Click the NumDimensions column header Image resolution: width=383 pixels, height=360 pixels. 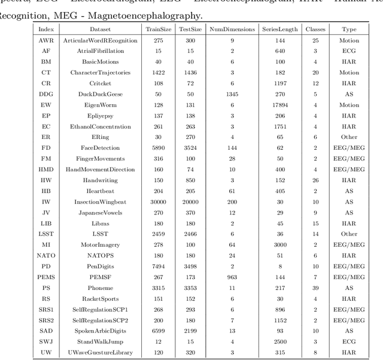pyautogui.click(x=232, y=29)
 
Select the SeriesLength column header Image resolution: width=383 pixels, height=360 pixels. pyautogui.click(x=279, y=29)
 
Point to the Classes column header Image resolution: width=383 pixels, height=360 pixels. pyautogui.click(x=315, y=29)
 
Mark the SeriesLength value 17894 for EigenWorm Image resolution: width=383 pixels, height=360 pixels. pyautogui.click(x=279, y=105)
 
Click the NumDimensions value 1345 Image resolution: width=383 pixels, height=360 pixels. pyautogui.click(x=232, y=94)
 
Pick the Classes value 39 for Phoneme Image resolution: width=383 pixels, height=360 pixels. pyautogui.click(x=315, y=288)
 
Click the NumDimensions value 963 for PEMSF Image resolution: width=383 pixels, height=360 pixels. pyautogui.click(x=232, y=277)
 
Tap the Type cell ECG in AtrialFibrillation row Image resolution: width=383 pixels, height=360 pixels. pyautogui.click(x=349, y=51)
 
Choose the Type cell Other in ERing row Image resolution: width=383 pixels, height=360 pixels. pyautogui.click(x=349, y=137)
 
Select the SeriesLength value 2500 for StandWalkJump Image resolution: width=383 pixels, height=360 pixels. pyautogui.click(x=279, y=341)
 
